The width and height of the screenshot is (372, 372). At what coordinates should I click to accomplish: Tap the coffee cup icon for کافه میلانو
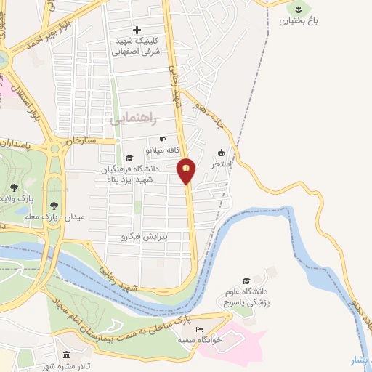[162, 139]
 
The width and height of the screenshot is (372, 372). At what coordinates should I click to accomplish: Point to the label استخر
[221, 165]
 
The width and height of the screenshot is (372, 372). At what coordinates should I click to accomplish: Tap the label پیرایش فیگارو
[144, 236]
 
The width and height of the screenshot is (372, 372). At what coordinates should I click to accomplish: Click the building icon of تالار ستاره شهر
[67, 355]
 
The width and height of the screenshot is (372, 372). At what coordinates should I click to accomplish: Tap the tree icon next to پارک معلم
[54, 206]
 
